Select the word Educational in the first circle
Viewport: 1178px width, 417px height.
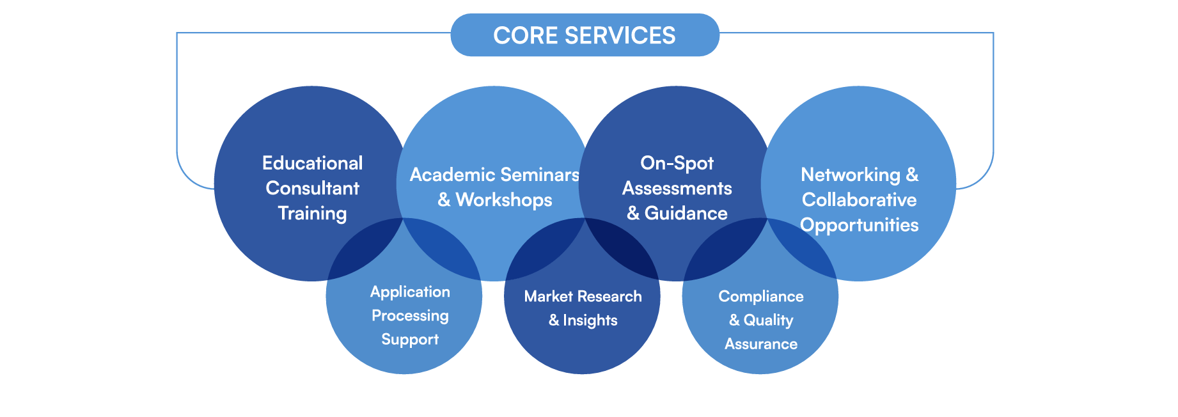pyautogui.click(x=312, y=163)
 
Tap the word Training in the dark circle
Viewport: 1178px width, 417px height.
pyautogui.click(x=312, y=213)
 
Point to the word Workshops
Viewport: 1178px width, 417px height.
pyautogui.click(x=504, y=200)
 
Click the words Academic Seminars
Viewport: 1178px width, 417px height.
pyautogui.click(x=494, y=175)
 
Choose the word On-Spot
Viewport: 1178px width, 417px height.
pyautogui.click(x=677, y=163)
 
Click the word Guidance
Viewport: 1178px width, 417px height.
pyautogui.click(x=686, y=213)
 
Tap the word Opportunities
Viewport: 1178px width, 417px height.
pyautogui.click(x=859, y=225)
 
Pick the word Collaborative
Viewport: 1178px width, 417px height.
pyautogui.click(x=859, y=200)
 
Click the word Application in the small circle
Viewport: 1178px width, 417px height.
pyautogui.click(x=410, y=292)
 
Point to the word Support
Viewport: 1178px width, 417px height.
pyautogui.click(x=410, y=340)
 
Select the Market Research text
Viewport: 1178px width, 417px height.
pyautogui.click(x=583, y=297)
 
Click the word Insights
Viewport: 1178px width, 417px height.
pyautogui.click(x=590, y=320)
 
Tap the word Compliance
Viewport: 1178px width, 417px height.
pyautogui.click(x=760, y=297)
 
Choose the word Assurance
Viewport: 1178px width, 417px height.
pyautogui.click(x=760, y=344)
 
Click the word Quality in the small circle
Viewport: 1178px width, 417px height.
pyautogui.click(x=768, y=320)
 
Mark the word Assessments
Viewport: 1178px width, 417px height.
pyautogui.click(x=677, y=188)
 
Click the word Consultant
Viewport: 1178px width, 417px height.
pyautogui.click(x=312, y=188)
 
